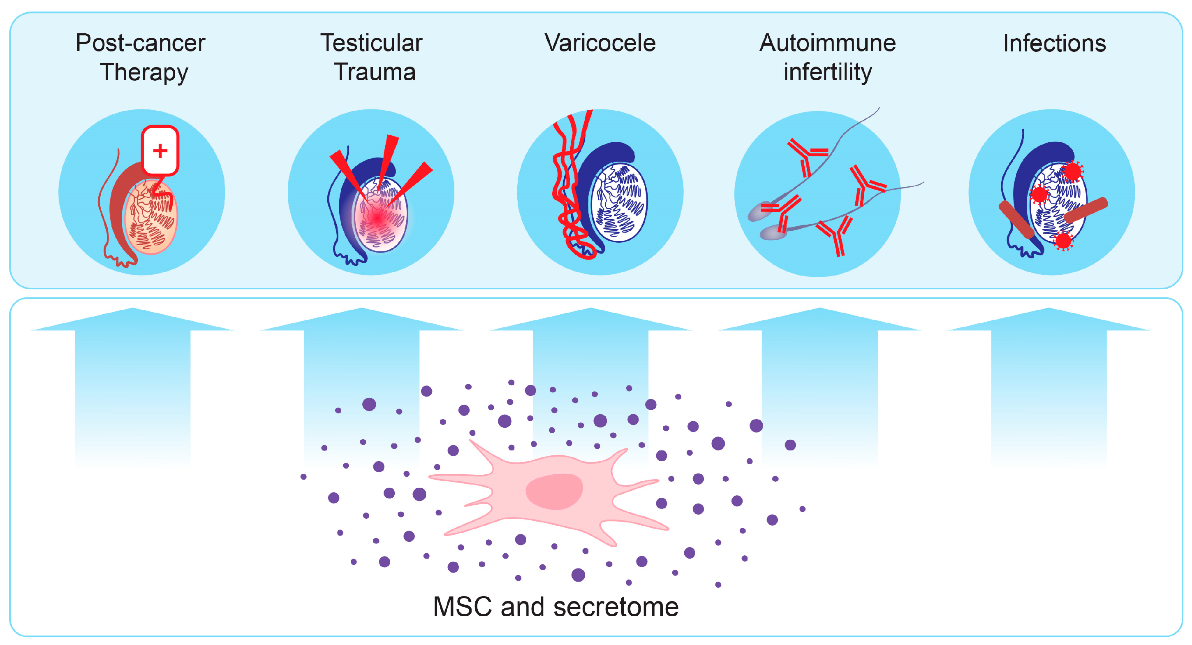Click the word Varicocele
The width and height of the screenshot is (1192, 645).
pyautogui.click(x=600, y=44)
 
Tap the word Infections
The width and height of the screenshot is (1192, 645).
pyautogui.click(x=1054, y=44)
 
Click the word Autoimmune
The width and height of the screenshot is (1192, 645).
pyautogui.click(x=827, y=44)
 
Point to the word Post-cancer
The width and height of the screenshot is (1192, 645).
pyautogui.click(x=140, y=44)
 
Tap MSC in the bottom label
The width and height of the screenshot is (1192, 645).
pyautogui.click(x=462, y=607)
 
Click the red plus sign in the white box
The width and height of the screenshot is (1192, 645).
pyautogui.click(x=160, y=151)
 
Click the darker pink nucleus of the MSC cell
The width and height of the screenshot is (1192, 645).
pyautogui.click(x=554, y=491)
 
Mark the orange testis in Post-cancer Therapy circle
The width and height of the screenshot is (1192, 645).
pyautogui.click(x=150, y=218)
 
